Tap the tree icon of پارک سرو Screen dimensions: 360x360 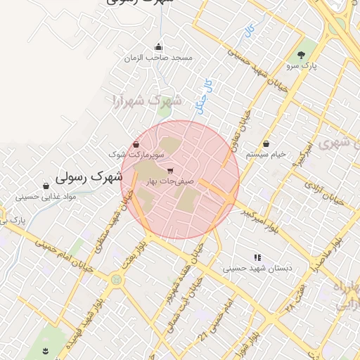[302, 54]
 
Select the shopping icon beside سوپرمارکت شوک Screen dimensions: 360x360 [136, 144]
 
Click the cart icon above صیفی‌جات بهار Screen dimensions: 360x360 [170, 171]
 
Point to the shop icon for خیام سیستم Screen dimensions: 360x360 [265, 143]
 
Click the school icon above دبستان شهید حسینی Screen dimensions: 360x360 [257, 257]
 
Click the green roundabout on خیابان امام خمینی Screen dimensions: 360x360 [115, 280]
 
